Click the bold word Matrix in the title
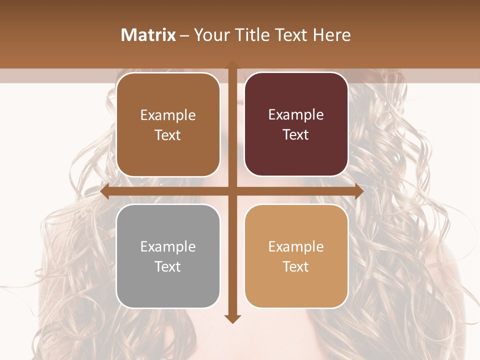(148, 35)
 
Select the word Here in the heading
(332, 35)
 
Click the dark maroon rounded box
(296, 124)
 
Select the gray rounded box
(168, 256)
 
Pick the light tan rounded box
(296, 256)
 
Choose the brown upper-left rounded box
(168, 124)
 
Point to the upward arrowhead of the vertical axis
(232, 64)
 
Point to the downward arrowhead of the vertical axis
(232, 319)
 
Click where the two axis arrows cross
(232, 191)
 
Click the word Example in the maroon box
(296, 115)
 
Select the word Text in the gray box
(168, 266)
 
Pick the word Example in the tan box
(296, 246)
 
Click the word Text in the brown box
(168, 135)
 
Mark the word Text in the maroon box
(296, 135)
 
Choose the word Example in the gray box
(168, 246)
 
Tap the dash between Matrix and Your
(185, 35)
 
